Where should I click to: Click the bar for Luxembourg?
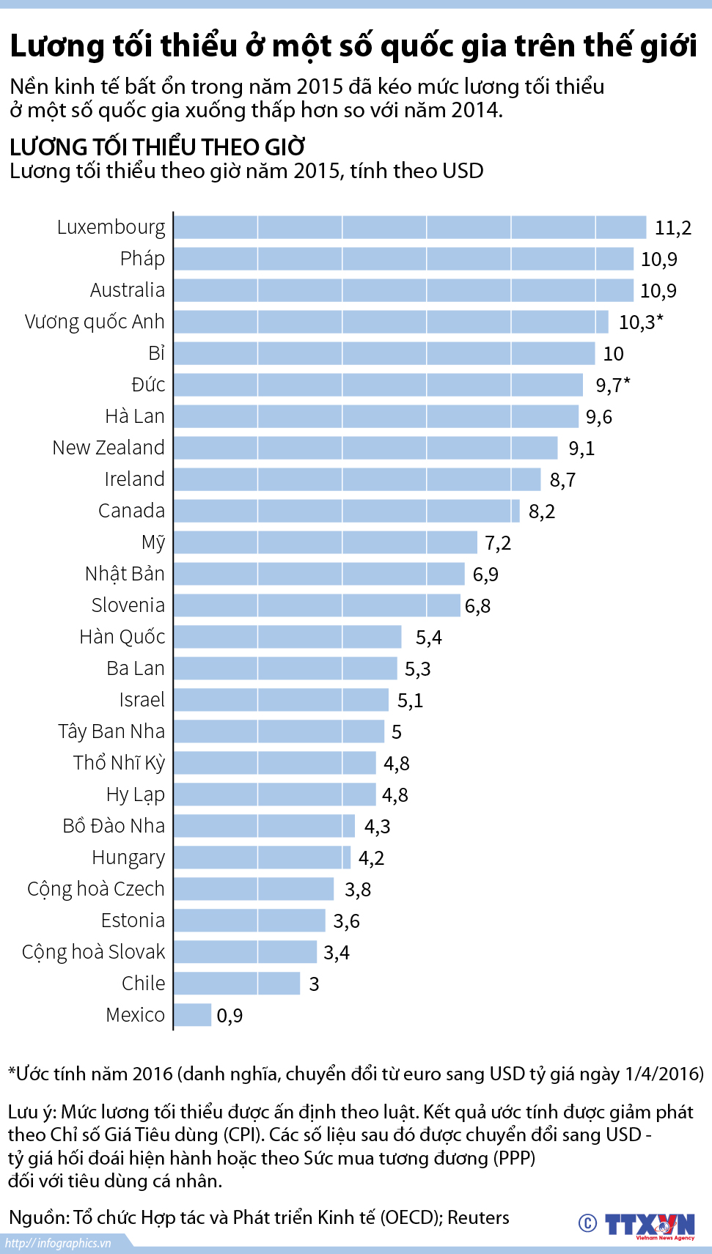(409, 227)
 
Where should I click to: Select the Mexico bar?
(193, 1015)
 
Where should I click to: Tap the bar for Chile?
(237, 984)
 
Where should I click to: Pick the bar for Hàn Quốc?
(287, 637)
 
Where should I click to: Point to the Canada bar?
(346, 511)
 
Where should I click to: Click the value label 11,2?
(672, 228)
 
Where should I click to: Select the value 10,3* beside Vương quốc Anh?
(640, 322)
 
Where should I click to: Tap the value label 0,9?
(230, 1016)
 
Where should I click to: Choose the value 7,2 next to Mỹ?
(498, 543)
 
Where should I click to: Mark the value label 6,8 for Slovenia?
(477, 606)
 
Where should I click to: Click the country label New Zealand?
(109, 448)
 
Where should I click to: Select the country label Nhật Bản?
(125, 574)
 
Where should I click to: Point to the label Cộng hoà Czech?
(96, 889)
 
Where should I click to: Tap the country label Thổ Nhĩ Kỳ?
(119, 763)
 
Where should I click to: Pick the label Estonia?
(133, 921)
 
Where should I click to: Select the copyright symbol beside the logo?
(587, 1223)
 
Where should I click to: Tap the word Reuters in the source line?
(478, 1218)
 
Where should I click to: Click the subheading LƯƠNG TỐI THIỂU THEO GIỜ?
(158, 147)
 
